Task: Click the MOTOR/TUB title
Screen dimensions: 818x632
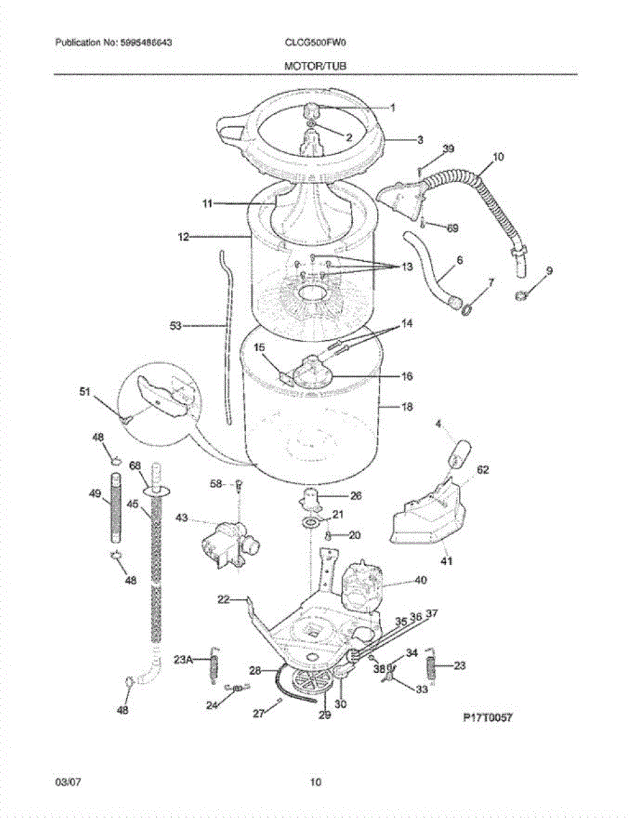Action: pos(316,65)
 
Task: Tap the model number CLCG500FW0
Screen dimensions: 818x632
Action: pos(315,42)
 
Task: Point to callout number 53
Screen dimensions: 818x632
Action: pos(176,327)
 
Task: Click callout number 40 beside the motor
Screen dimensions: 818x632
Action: pos(420,581)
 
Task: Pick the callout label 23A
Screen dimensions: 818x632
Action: pos(183,659)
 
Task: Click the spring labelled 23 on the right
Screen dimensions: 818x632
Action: pos(432,665)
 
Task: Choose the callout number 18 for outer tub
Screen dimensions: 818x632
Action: pos(407,407)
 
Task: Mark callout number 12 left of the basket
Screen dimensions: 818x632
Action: pos(183,237)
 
